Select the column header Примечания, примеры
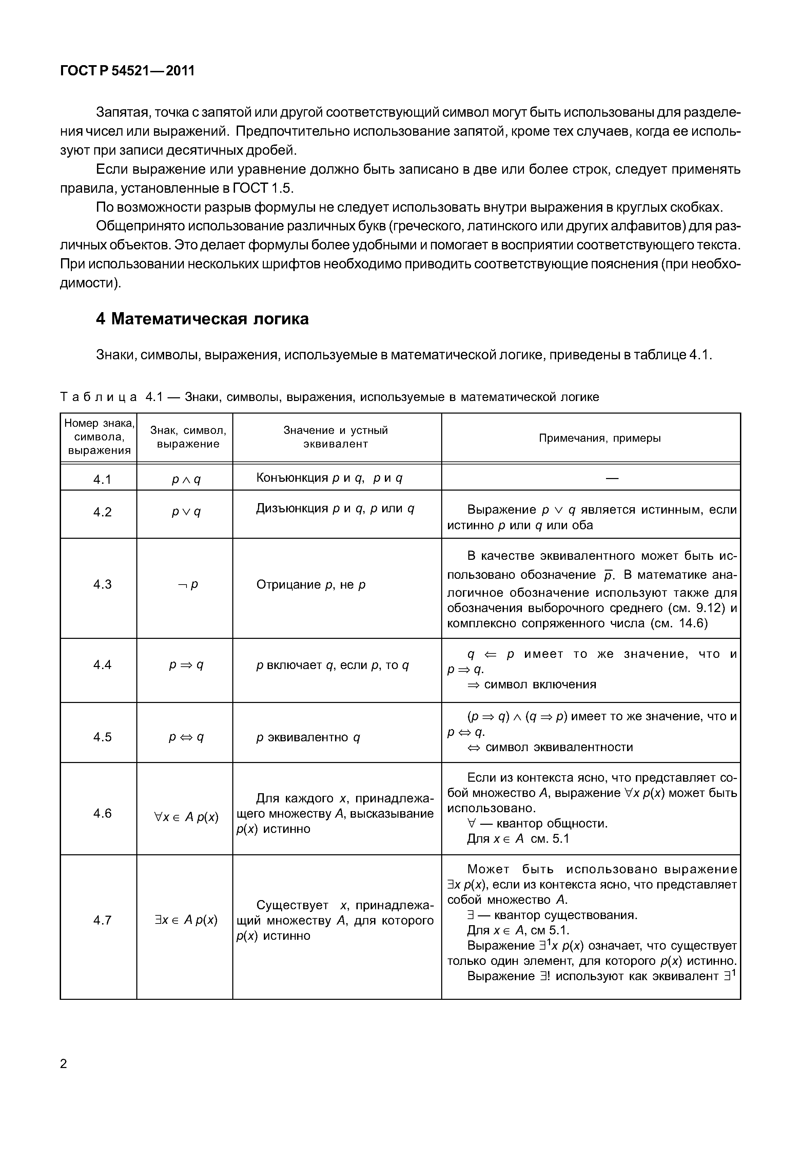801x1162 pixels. pos(600,438)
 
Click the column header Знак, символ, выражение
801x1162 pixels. pos(188,437)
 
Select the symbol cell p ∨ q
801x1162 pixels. pos(186,512)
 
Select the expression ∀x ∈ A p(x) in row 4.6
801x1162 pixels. pos(186,817)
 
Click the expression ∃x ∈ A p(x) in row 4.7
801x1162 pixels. pos(186,920)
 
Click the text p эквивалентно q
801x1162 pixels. pos(308,737)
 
